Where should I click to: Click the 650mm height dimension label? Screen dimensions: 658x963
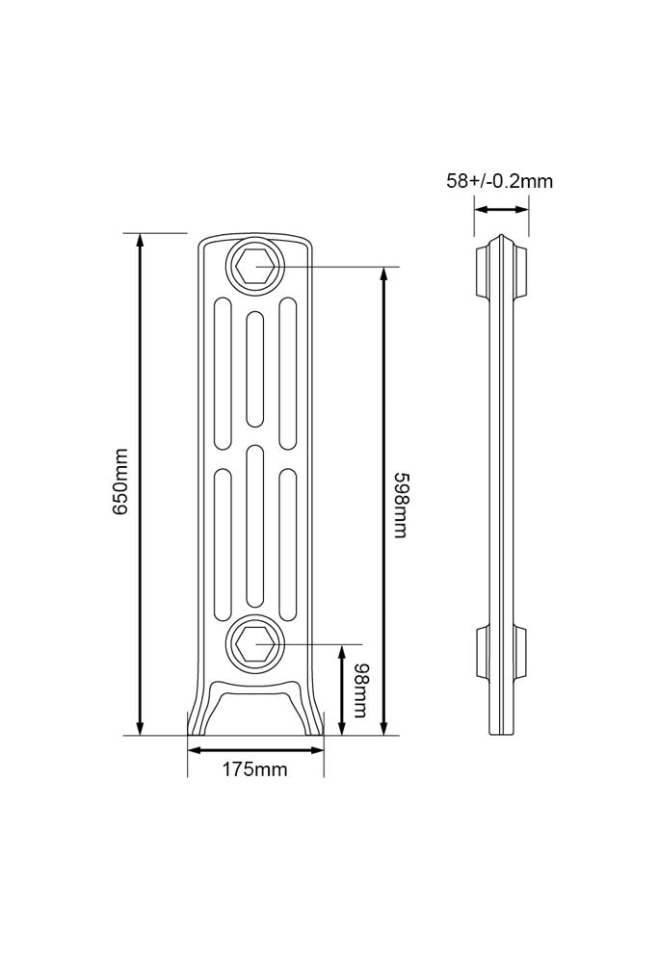point(121,482)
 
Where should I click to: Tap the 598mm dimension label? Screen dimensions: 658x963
point(401,505)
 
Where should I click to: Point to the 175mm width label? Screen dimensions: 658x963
point(255,768)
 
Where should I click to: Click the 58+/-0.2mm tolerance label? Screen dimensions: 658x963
point(499,181)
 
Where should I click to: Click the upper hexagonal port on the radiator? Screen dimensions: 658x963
point(255,266)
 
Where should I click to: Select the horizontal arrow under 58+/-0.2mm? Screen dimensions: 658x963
point(501,209)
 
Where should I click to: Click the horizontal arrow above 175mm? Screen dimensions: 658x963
point(255,750)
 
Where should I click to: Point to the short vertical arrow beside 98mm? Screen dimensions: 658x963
point(342,690)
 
